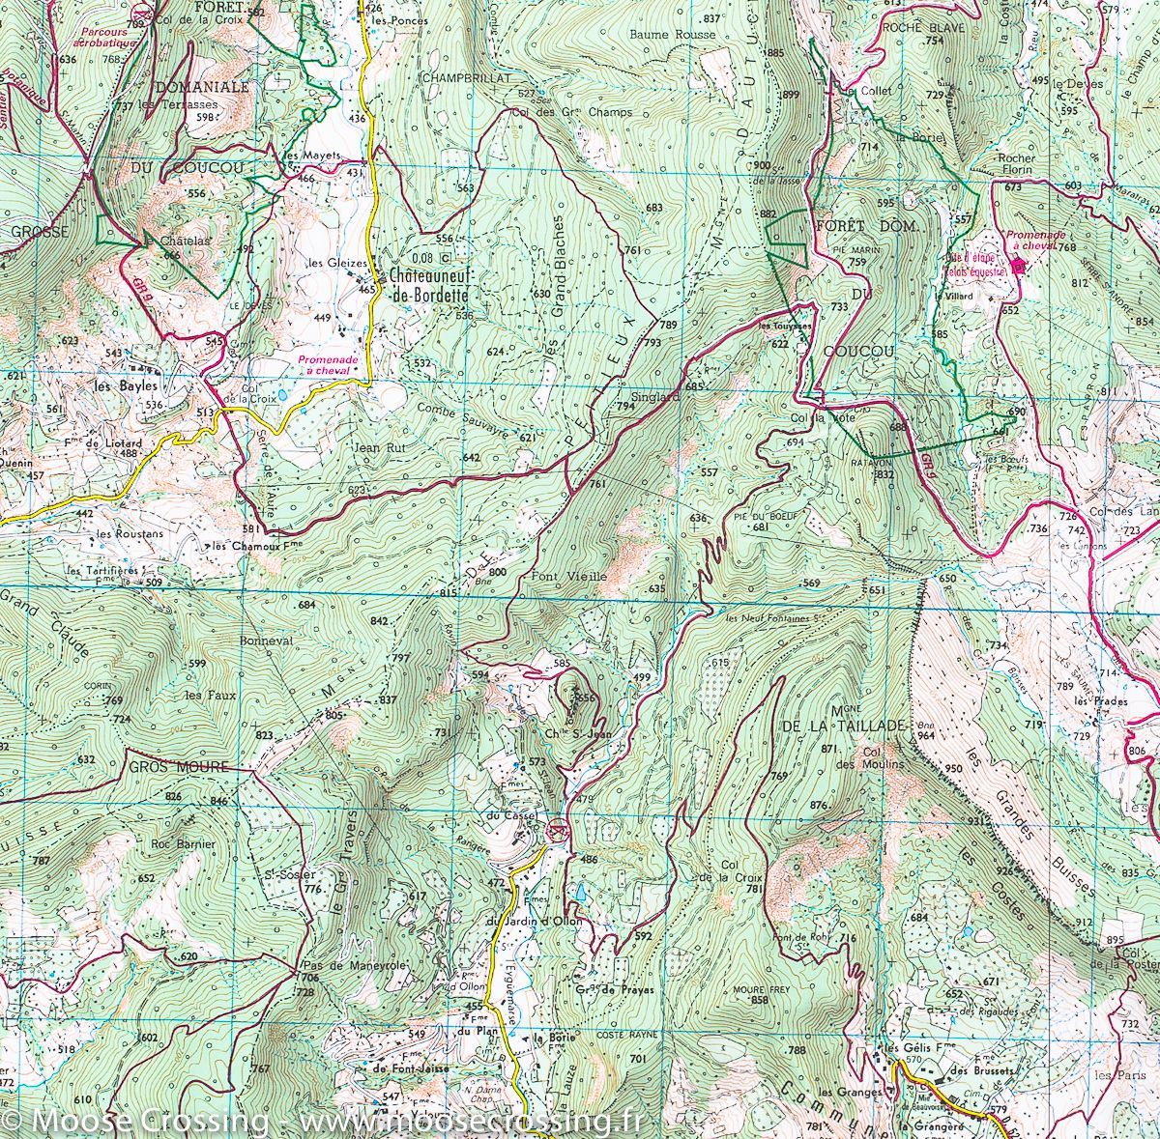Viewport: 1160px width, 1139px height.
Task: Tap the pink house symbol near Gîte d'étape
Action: (x=1016, y=268)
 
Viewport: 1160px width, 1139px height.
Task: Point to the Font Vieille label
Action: (x=569, y=576)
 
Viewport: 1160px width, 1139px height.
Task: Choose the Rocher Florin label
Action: (x=1016, y=163)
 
